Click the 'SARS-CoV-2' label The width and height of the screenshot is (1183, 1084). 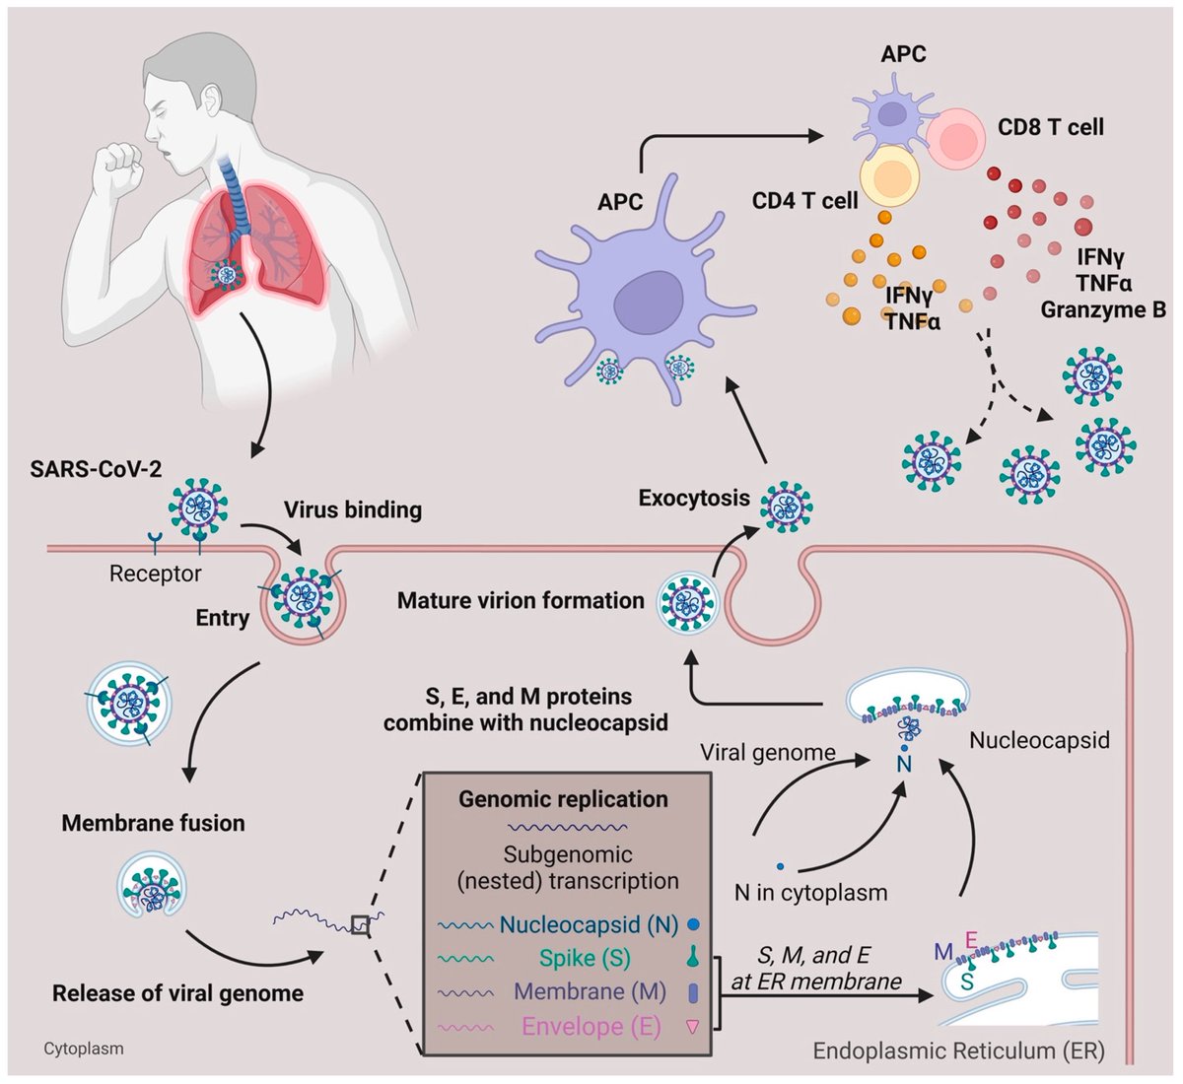tap(97, 469)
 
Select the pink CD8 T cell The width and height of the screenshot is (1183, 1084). tap(956, 139)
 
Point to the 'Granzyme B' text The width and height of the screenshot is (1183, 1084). tap(1103, 310)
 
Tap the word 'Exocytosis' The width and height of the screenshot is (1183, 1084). tap(694, 499)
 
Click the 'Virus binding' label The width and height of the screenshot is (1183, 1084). tap(353, 510)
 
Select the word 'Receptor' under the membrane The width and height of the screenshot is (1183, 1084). tap(155, 574)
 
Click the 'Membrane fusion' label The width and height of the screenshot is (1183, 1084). tap(154, 823)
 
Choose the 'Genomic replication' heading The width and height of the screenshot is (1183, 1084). tap(563, 799)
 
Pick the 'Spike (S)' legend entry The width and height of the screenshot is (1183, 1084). tap(585, 958)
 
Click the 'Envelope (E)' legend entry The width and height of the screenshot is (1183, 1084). tap(591, 1027)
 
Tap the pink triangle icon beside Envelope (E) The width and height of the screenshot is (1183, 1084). tap(692, 1027)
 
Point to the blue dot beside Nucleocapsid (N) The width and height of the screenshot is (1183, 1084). tap(693, 924)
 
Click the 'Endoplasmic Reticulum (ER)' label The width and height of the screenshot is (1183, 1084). tap(959, 1050)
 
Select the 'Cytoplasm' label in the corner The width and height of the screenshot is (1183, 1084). tap(84, 1049)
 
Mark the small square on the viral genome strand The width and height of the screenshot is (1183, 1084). tap(361, 924)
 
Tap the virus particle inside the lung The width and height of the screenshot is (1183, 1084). tap(227, 274)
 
